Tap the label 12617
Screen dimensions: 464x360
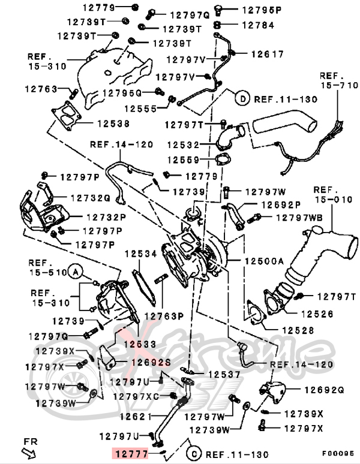click(x=267, y=54)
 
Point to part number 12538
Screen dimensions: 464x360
click(x=112, y=123)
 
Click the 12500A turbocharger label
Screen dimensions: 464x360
click(x=263, y=262)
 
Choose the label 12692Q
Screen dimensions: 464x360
click(x=323, y=390)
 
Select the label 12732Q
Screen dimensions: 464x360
click(x=89, y=197)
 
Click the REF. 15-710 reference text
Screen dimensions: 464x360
click(x=338, y=81)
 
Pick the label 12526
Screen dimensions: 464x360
click(x=317, y=313)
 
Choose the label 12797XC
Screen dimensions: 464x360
click(x=144, y=396)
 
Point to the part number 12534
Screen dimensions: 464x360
click(x=140, y=254)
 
